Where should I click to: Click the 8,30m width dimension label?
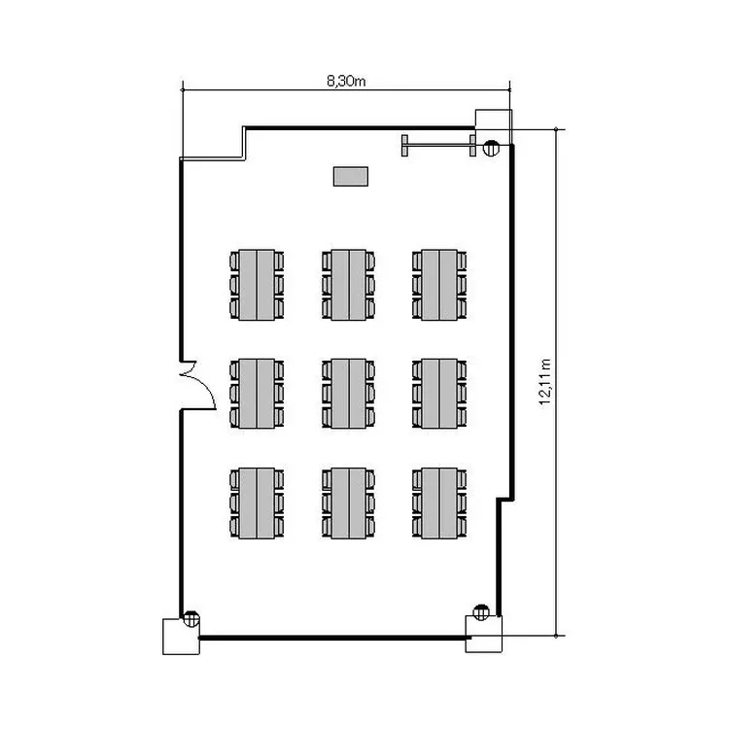click(x=346, y=82)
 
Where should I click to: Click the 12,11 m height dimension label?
click(x=545, y=382)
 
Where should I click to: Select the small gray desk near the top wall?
click(x=351, y=176)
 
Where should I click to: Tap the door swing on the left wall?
click(x=200, y=385)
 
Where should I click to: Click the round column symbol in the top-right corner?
click(x=491, y=148)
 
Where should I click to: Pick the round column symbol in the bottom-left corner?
click(x=191, y=619)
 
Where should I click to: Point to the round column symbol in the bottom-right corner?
click(x=481, y=612)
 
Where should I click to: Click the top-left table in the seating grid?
click(x=257, y=285)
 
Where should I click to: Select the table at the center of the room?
click(x=349, y=394)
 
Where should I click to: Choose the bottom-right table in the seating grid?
click(x=439, y=503)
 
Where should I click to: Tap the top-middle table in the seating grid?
click(x=349, y=285)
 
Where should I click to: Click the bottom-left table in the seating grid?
click(x=257, y=503)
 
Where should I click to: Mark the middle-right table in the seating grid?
click(x=439, y=394)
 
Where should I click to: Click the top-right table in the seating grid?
click(x=439, y=285)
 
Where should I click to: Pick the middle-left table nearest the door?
click(x=257, y=394)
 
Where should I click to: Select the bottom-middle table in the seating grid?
click(x=349, y=503)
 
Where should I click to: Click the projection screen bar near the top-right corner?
click(x=439, y=146)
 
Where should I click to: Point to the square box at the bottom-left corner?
click(x=181, y=637)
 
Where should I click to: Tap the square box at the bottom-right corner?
click(x=484, y=634)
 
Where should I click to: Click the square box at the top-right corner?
click(x=493, y=127)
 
